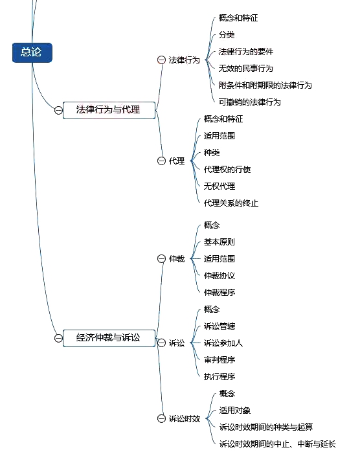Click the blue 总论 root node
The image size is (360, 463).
(x=32, y=52)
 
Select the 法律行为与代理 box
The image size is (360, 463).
(x=109, y=110)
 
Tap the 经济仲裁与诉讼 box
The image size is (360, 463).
(x=109, y=338)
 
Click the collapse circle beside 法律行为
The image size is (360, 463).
(x=161, y=60)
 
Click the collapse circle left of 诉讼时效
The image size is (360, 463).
(x=161, y=419)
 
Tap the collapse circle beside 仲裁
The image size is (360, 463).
(x=161, y=259)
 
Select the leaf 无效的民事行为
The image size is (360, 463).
(x=245, y=69)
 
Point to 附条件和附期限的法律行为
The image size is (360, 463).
(x=265, y=85)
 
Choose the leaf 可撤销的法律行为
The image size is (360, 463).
(x=249, y=102)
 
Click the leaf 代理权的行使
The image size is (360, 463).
(x=227, y=170)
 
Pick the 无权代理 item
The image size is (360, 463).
(x=219, y=186)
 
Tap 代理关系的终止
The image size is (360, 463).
(x=231, y=203)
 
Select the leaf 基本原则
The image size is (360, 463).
(x=219, y=242)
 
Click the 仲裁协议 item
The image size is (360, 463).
(x=219, y=276)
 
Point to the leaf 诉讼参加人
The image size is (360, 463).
(x=223, y=343)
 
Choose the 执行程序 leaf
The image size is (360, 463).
(x=219, y=377)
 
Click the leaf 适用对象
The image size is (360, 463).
(x=235, y=411)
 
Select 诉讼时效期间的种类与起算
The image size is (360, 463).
(x=266, y=427)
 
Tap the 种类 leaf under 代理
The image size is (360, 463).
(x=212, y=153)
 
